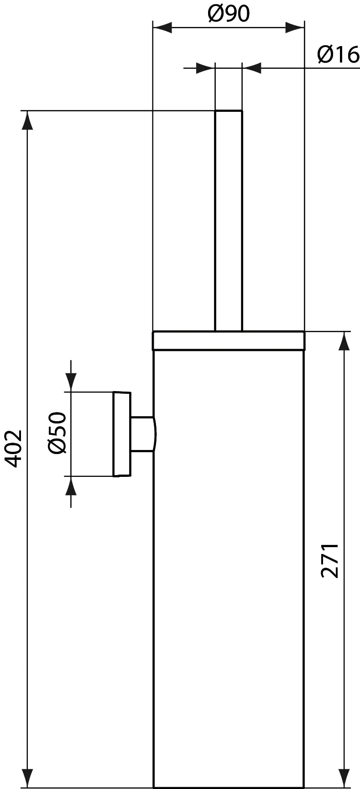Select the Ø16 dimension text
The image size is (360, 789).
[338, 55]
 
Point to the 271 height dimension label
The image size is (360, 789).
[330, 560]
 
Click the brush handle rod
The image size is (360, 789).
[228, 219]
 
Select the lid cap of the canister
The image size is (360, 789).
[228, 340]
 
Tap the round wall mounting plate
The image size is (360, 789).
[122, 434]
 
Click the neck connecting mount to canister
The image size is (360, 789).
[143, 434]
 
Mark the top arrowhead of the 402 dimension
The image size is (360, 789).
[28, 120]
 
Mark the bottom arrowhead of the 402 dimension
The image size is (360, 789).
[28, 778]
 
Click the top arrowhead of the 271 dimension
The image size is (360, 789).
[344, 341]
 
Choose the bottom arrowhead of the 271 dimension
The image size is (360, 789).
[344, 778]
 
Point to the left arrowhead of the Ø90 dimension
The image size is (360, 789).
[162, 27]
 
